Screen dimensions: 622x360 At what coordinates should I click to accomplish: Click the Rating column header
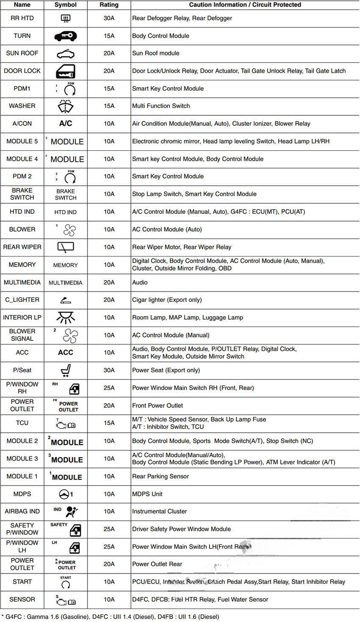109,5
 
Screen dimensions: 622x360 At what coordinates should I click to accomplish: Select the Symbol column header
66,5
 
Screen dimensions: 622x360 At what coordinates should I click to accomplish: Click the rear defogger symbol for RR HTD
66,19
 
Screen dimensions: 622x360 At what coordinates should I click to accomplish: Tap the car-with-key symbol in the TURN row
66,36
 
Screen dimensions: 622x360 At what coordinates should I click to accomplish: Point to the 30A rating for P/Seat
109,370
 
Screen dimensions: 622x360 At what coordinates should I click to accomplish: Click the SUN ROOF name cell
22,53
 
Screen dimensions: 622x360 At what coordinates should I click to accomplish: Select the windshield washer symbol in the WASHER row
66,106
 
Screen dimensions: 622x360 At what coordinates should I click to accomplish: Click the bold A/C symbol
66,124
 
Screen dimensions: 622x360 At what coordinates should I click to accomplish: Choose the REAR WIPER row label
22,247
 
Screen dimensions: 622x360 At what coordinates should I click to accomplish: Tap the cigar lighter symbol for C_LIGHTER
66,300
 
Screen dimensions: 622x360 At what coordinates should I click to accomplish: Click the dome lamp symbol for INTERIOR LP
66,317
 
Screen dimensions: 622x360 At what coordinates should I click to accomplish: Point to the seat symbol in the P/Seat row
66,370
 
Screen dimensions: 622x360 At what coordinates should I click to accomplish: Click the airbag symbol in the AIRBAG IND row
71,512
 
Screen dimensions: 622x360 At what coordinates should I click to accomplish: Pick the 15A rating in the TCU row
109,423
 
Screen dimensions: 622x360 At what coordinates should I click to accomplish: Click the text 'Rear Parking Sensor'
161,476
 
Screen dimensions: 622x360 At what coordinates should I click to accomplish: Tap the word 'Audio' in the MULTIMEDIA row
140,282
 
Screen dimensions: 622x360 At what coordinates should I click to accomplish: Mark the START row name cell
22,582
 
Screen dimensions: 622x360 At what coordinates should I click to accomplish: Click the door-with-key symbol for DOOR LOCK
66,71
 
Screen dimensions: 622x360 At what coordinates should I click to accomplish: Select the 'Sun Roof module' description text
155,53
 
